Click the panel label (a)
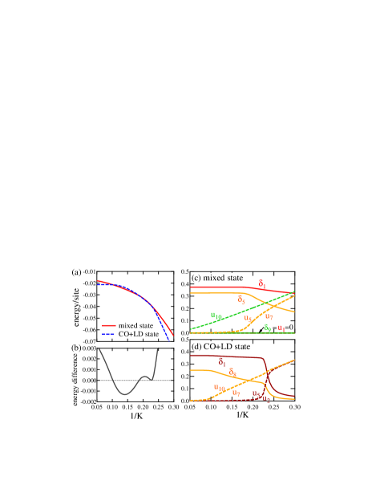tap(76, 272)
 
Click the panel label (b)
tap(76, 348)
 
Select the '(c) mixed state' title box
tap(217, 278)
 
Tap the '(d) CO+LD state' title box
tap(220, 346)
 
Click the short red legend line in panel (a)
tap(109, 326)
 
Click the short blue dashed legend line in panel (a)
tap(107, 334)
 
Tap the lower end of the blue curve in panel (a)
tap(169, 340)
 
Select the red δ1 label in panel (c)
tap(261, 284)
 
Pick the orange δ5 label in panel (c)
tap(242, 299)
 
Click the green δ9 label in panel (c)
tap(268, 327)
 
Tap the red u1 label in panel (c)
tap(281, 327)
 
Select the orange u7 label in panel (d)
tap(236, 393)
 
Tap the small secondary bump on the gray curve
tap(146, 374)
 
